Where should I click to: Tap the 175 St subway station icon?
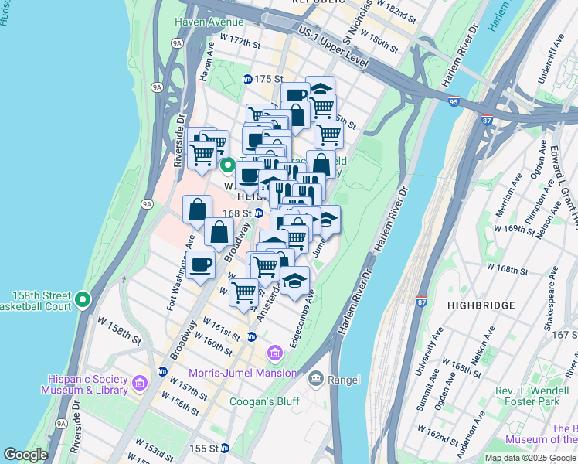(248, 79)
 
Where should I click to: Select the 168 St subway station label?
(237, 213)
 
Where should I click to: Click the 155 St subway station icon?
(225, 448)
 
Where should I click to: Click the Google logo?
(25, 455)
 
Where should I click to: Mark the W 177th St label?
(240, 40)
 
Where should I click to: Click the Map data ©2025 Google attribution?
(530, 458)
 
